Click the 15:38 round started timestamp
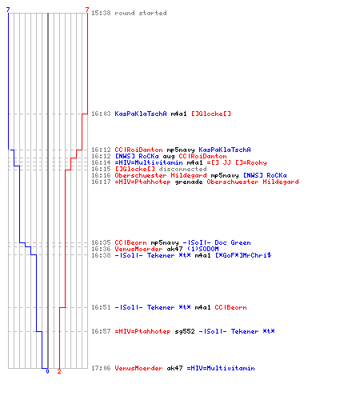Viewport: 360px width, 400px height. (101, 13)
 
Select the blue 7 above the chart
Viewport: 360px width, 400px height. (8, 10)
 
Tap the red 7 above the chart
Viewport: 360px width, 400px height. (87, 10)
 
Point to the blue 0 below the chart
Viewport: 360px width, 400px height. (47, 371)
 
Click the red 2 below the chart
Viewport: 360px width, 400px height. (59, 371)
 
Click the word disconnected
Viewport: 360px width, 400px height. (182, 169)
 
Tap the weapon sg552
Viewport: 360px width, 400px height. (185, 331)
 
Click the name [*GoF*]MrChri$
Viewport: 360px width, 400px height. (243, 255)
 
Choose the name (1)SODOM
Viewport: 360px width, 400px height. (202, 249)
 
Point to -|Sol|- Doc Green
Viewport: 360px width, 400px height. (217, 242)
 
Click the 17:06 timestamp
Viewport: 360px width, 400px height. (101, 368)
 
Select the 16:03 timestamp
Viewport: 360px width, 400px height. (101, 114)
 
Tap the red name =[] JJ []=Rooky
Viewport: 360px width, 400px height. (237, 162)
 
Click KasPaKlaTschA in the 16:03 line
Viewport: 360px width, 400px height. (141, 114)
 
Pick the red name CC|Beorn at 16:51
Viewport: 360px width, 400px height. (230, 307)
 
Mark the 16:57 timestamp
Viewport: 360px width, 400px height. (101, 331)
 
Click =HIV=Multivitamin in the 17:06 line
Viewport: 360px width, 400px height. (221, 368)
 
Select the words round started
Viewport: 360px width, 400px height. (141, 13)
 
